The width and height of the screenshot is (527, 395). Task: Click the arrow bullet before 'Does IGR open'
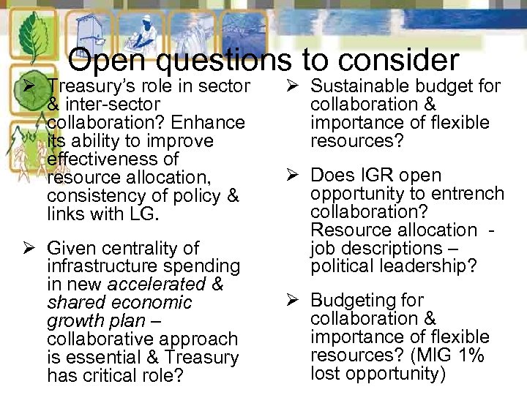coord(290,176)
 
